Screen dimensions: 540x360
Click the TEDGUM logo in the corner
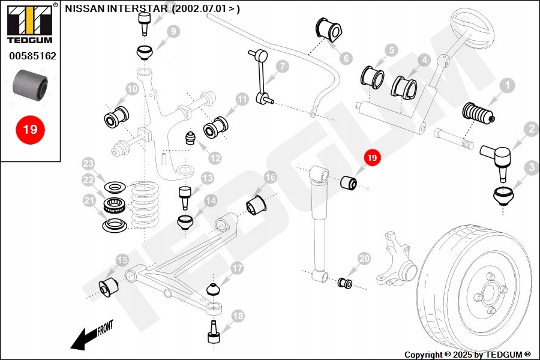point(30,24)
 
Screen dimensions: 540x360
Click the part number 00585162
point(33,56)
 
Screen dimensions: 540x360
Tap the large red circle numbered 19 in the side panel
point(30,130)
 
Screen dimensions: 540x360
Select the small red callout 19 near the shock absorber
point(372,158)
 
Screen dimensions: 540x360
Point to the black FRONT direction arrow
point(91,335)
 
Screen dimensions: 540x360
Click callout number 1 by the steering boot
point(506,85)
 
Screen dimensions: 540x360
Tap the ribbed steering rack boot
point(478,113)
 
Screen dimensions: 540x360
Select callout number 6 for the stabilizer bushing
point(346,58)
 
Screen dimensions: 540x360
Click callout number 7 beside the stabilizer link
point(283,66)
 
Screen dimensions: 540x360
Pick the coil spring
point(145,204)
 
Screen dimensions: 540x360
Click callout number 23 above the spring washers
point(88,163)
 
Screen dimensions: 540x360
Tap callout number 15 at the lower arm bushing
point(122,260)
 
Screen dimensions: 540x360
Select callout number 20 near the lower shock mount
point(364,259)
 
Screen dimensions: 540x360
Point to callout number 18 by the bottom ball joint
point(238,316)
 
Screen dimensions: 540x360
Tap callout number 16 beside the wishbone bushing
point(271,178)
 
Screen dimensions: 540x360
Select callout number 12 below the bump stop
point(215,158)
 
